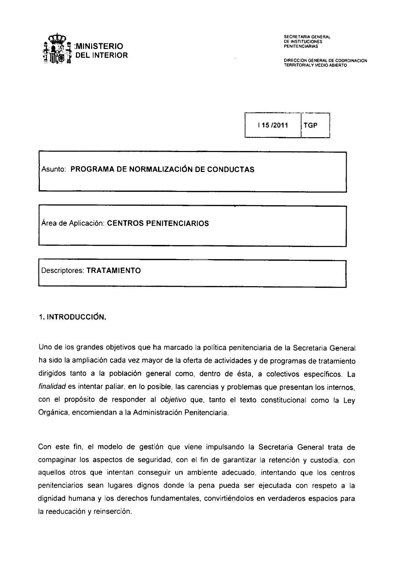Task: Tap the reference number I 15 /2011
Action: point(273,125)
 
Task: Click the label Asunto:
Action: point(53,170)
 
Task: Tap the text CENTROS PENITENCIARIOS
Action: point(158,223)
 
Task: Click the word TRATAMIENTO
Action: point(114,271)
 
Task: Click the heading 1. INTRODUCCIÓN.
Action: point(73,317)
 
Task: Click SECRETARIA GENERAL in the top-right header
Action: point(307,37)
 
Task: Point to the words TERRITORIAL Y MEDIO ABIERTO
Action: point(315,65)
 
